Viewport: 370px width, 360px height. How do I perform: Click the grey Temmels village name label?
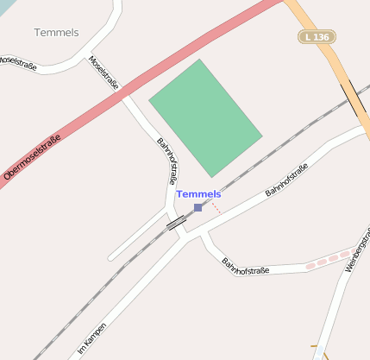(57, 33)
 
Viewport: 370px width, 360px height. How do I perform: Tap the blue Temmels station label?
(198, 194)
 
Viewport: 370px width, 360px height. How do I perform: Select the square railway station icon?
(198, 207)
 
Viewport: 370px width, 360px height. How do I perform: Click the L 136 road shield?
(317, 37)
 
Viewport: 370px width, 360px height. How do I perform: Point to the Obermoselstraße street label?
(32, 157)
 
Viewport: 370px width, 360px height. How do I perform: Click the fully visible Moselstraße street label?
(103, 73)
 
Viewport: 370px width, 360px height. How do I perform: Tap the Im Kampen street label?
(94, 336)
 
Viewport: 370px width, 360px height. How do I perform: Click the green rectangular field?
(205, 117)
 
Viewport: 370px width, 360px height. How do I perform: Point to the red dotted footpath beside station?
(215, 207)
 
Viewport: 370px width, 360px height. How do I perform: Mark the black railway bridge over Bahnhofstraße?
(176, 223)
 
